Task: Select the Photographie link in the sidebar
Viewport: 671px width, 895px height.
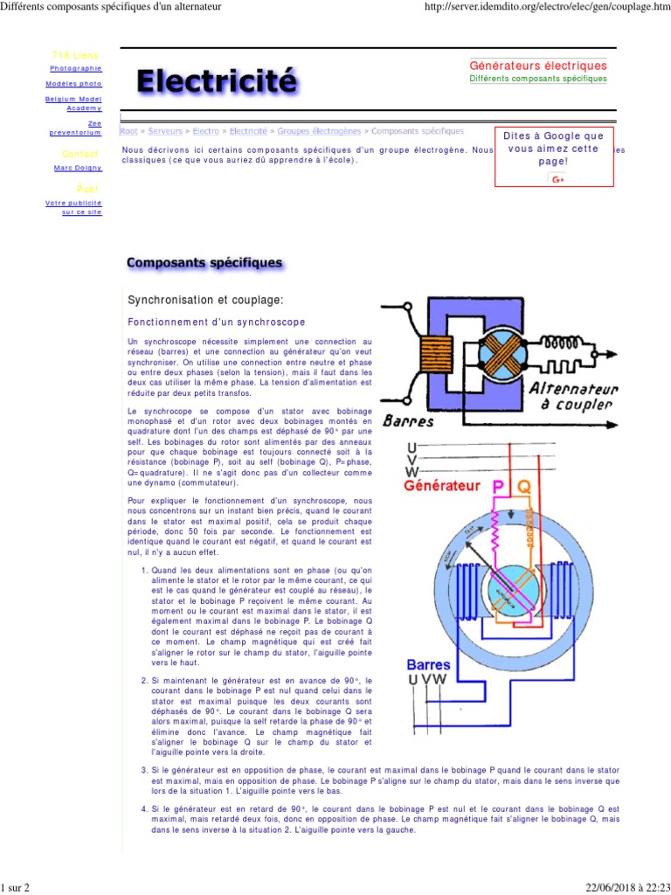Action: tap(76, 67)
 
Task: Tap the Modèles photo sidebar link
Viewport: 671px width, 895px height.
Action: tap(73, 84)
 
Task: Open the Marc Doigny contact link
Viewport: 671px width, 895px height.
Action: tap(78, 168)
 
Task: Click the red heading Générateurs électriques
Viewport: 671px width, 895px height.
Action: tap(538, 66)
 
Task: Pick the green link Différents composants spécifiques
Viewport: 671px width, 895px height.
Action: tap(538, 79)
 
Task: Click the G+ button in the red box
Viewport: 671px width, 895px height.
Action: tap(558, 179)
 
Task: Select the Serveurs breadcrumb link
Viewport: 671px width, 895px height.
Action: tap(165, 131)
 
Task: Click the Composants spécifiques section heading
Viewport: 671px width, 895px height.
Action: tap(204, 262)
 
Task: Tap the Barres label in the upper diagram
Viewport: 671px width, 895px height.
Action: tap(408, 420)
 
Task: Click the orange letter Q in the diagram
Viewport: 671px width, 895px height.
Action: tap(523, 486)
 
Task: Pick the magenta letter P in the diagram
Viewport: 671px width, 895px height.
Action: tap(499, 486)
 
